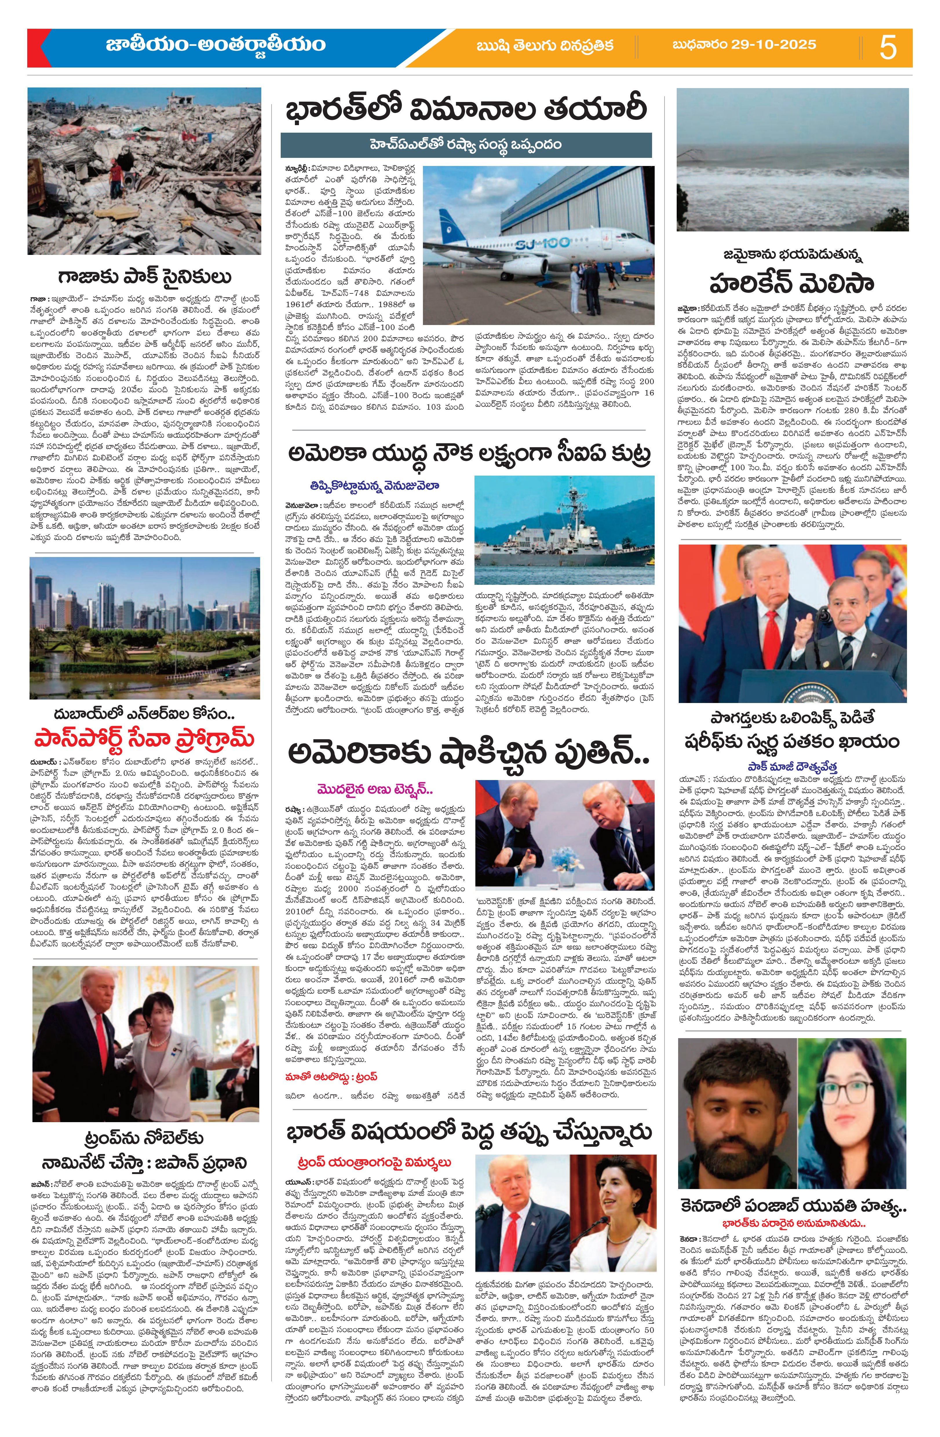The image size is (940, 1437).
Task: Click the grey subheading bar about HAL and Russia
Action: (466, 145)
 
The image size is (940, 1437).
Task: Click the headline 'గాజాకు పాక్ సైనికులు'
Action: (145, 277)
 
